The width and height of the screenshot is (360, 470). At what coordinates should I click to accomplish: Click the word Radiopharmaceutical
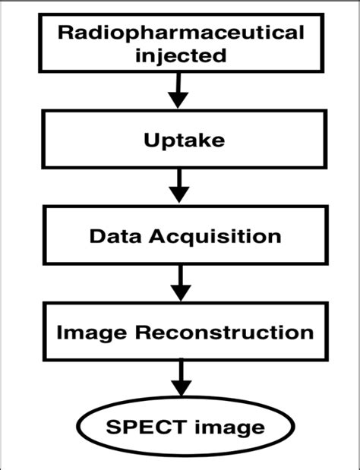click(180, 33)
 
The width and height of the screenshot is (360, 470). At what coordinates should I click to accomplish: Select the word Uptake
click(180, 141)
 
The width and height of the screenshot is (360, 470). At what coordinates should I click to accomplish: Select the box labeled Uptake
click(76, 141)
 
